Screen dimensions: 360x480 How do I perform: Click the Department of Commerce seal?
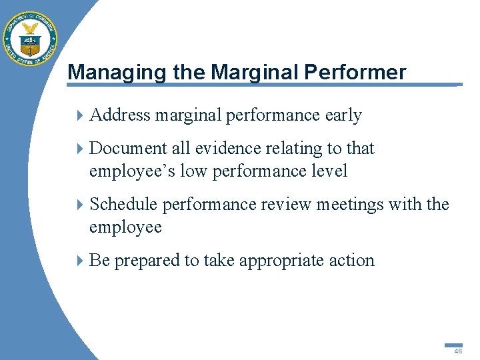click(30, 39)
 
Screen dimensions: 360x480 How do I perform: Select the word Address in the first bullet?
click(120, 115)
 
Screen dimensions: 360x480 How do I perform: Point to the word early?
click(343, 115)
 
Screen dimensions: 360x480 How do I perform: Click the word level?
click(327, 171)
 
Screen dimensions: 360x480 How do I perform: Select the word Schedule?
click(123, 204)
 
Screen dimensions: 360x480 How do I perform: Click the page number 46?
click(457, 351)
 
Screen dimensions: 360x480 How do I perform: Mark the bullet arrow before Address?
click(81, 116)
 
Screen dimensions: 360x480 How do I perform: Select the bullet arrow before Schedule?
click(81, 205)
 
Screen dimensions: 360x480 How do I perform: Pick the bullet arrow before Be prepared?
click(81, 261)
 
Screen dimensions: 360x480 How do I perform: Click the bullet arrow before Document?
click(81, 149)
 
